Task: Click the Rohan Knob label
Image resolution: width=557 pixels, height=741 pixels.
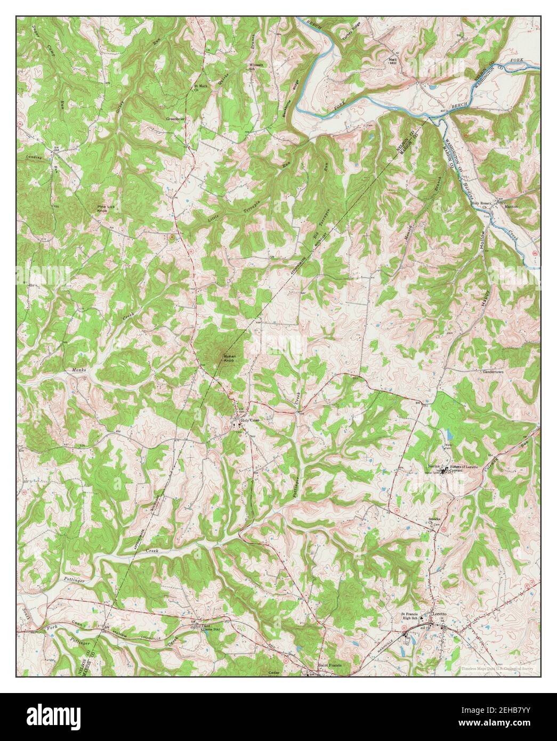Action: pos(229,358)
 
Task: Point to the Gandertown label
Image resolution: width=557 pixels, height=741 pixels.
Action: pos(496,370)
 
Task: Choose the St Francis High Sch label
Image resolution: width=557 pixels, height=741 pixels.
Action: pos(412,617)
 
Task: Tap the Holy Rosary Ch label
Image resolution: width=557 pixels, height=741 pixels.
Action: pos(484,205)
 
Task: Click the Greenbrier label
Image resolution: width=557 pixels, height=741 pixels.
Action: pos(175,119)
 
